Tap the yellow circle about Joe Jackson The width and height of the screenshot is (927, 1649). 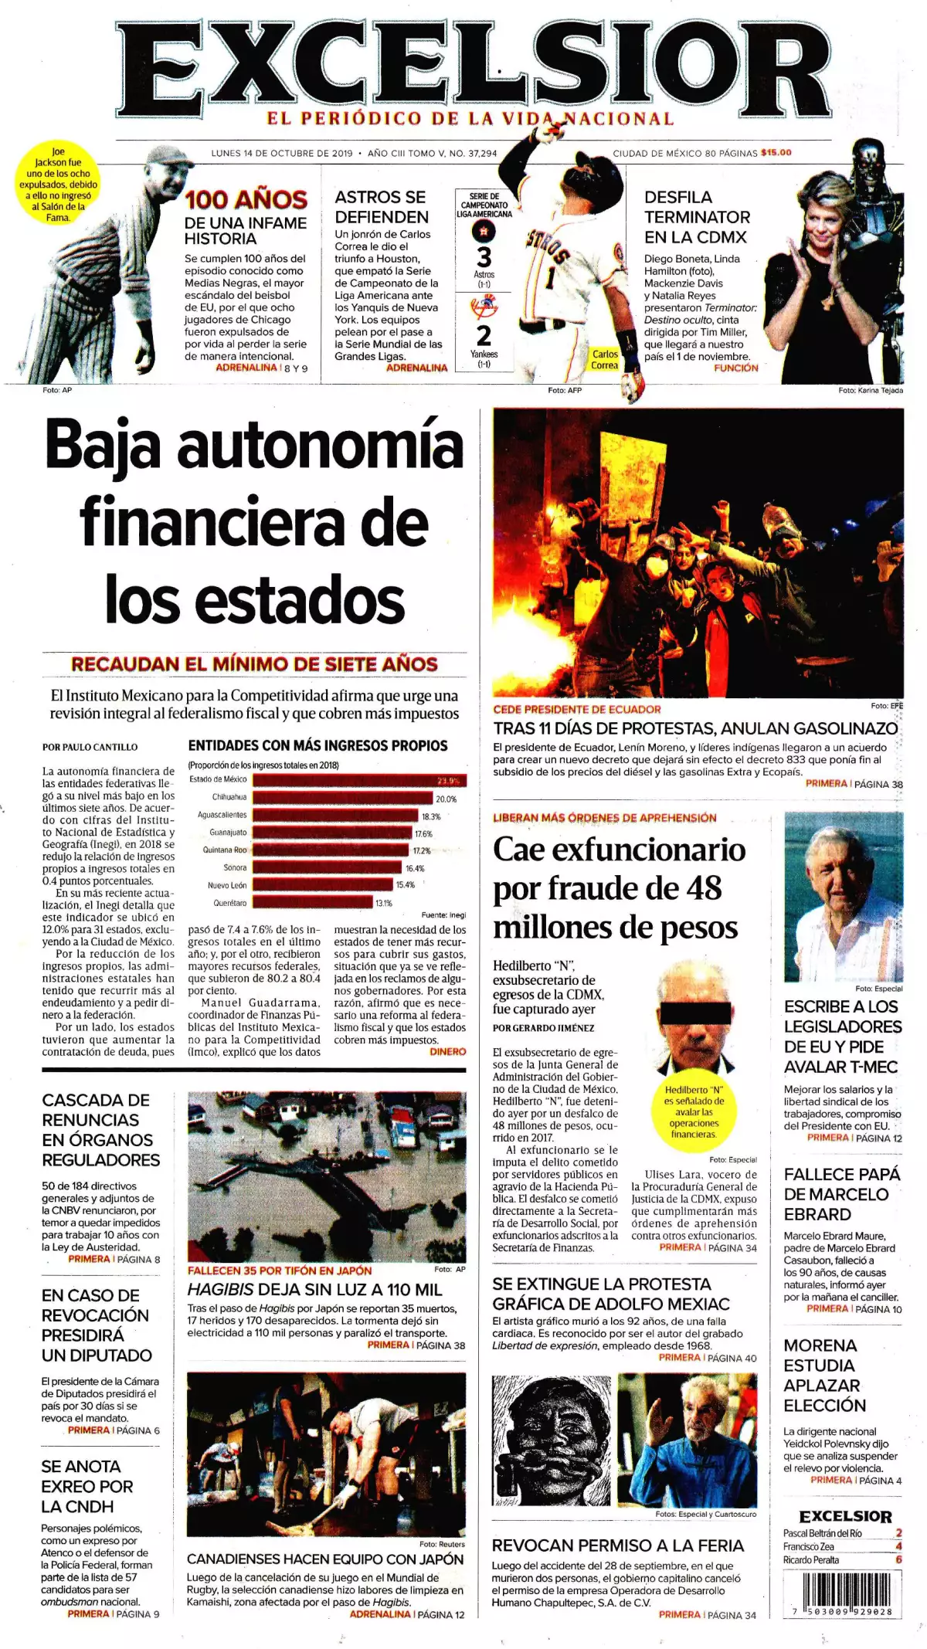[58, 185]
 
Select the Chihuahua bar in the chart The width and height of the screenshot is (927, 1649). [342, 798]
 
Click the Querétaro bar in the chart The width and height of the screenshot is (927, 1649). [313, 902]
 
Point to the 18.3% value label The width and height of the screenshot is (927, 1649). [430, 816]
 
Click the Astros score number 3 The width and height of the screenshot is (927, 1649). [484, 256]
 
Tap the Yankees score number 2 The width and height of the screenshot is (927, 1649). [484, 336]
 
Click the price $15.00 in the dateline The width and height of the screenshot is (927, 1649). [776, 152]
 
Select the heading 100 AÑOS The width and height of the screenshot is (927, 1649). [246, 200]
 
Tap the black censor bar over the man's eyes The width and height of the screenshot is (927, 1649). [693, 1013]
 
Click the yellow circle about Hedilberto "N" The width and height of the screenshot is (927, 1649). [694, 1111]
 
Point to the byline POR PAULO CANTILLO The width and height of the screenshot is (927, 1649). [90, 747]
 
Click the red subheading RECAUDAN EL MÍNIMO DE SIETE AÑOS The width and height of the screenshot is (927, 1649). [254, 664]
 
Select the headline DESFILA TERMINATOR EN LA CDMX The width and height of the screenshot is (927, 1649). [697, 217]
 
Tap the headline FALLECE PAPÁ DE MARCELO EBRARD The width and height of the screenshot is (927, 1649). [841, 1194]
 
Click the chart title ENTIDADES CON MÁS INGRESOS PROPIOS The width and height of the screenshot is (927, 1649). [317, 745]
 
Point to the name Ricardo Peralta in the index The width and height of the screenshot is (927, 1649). [810, 1559]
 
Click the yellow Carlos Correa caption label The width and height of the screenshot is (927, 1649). [605, 359]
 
